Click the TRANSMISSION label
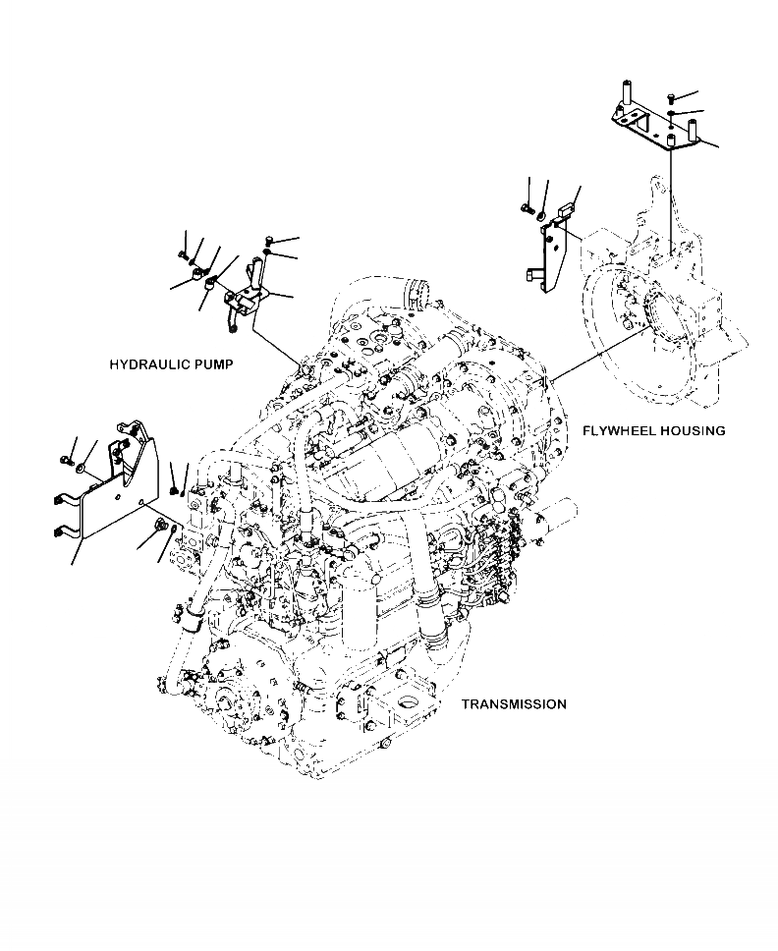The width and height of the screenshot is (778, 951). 514,704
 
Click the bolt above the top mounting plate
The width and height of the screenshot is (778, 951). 670,96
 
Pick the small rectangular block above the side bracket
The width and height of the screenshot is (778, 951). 563,210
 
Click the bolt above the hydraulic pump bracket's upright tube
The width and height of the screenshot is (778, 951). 268,240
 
